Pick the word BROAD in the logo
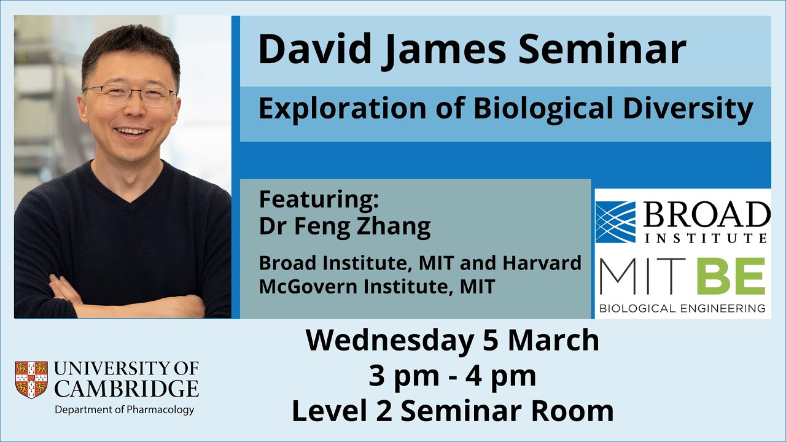706,216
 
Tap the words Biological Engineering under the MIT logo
682,308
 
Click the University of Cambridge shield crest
31,379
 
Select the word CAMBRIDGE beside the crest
126,389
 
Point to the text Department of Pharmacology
125,409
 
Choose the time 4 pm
500,376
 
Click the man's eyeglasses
130,95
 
